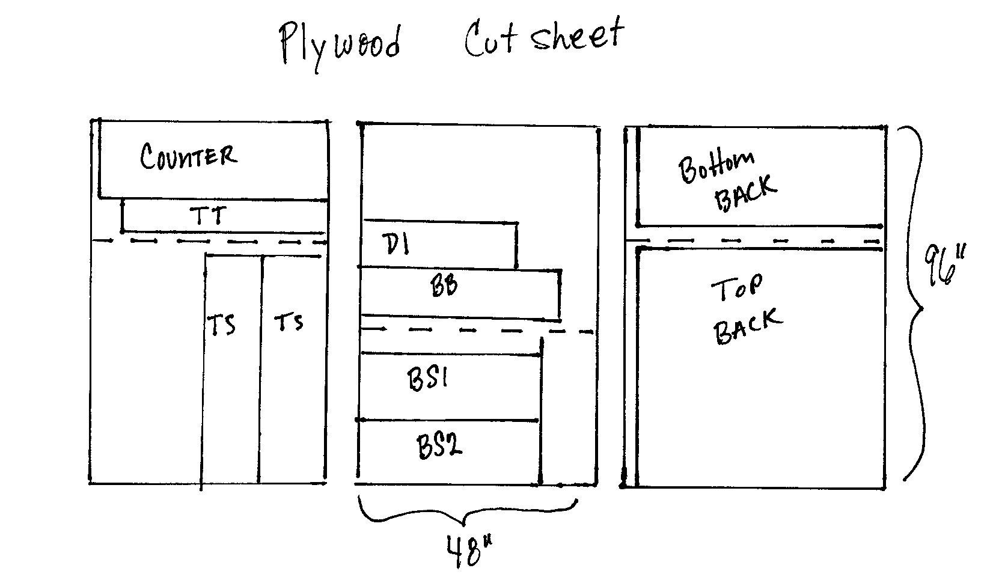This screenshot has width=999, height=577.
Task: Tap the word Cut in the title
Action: [491, 39]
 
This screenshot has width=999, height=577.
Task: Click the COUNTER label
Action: [188, 156]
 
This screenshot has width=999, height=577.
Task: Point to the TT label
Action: [208, 216]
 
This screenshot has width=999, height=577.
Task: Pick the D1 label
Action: [396, 245]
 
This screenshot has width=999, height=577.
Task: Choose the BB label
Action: [444, 285]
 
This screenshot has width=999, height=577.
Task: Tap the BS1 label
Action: [427, 379]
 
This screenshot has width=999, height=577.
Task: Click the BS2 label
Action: [439, 447]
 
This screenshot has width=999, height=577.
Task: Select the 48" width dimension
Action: [469, 551]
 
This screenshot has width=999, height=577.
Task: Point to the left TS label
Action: [221, 325]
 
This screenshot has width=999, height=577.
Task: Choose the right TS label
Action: [289, 322]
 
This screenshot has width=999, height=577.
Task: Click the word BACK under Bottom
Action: [746, 192]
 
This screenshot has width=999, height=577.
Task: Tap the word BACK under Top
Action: [748, 326]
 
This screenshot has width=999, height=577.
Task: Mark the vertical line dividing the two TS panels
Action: [260, 369]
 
